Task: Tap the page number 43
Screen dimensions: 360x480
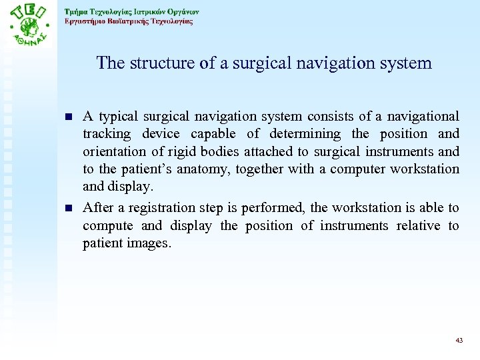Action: tap(459, 340)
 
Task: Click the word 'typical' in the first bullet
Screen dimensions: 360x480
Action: tap(116, 116)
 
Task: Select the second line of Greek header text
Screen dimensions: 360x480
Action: tap(129, 21)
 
